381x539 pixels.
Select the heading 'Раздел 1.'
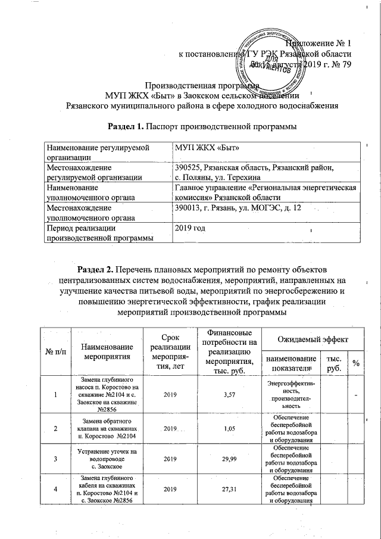tap(126, 126)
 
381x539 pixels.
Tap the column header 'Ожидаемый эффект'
tap(311, 339)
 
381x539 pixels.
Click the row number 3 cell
tap(55, 460)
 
